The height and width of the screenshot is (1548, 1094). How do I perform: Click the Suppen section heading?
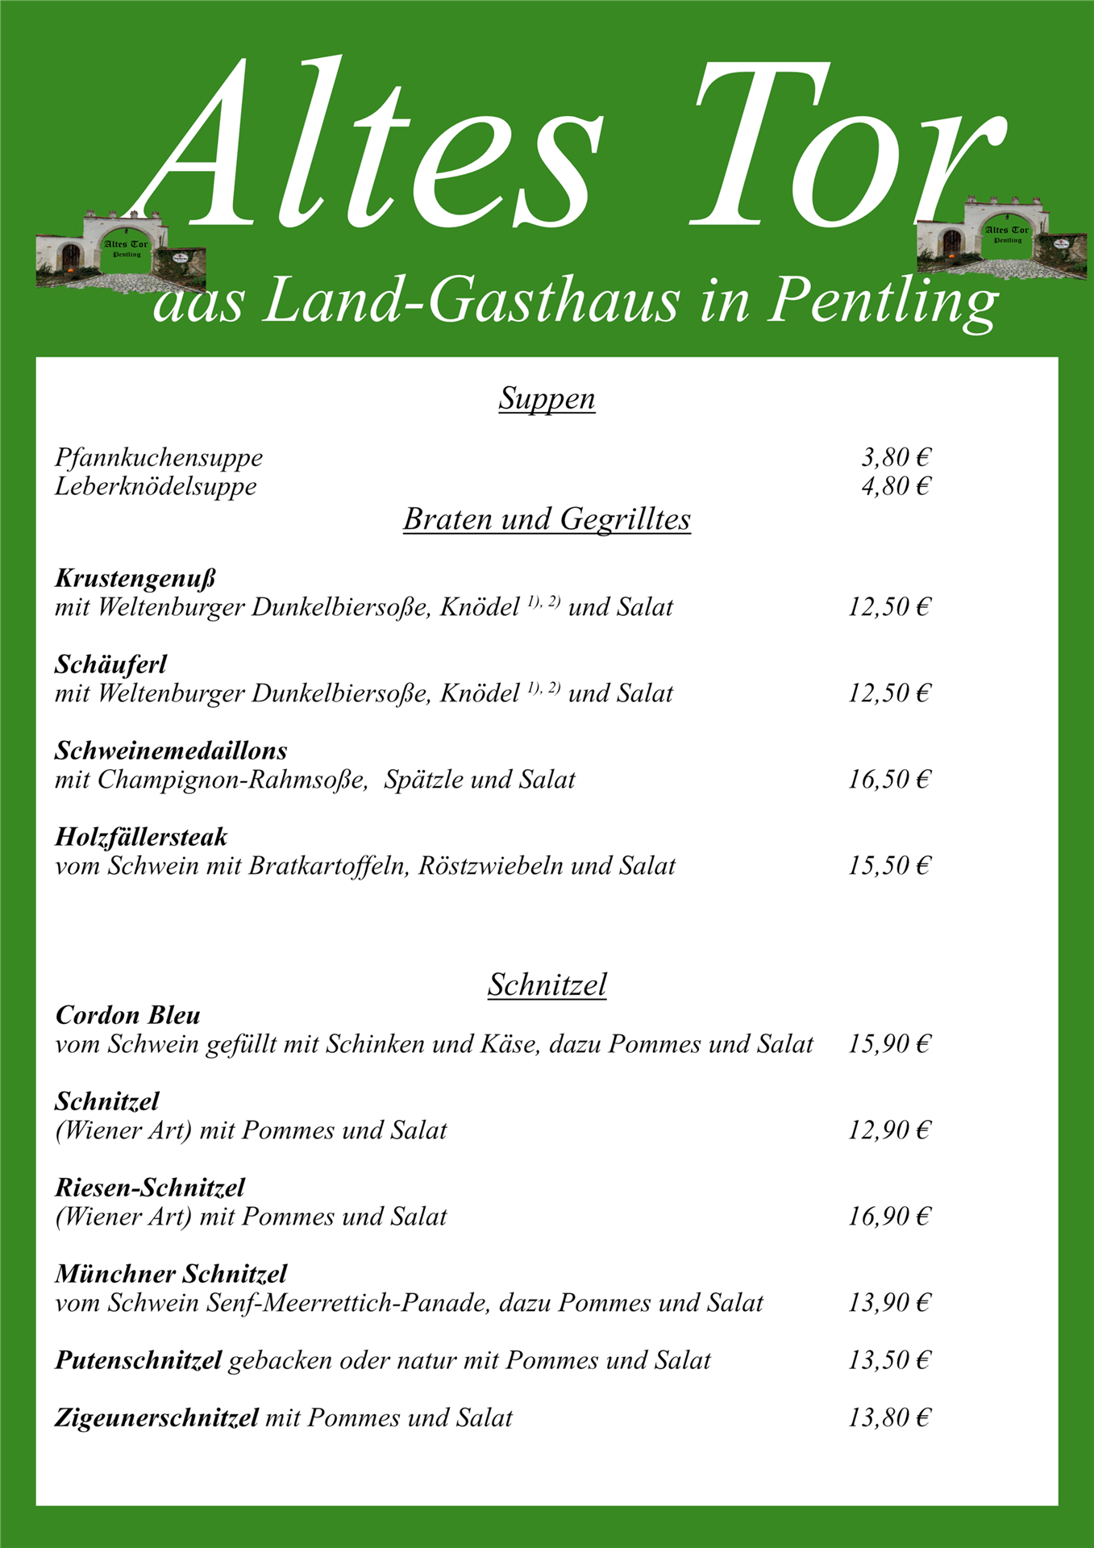coord(547,398)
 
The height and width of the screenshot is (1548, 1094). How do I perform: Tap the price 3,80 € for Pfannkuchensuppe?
coord(895,458)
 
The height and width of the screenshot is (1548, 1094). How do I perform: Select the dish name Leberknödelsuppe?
coord(156,487)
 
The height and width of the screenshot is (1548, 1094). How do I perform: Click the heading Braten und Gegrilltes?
coord(547,519)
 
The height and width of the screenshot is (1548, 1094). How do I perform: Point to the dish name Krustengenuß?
coord(135,578)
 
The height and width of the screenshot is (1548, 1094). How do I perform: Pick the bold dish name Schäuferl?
coord(110,664)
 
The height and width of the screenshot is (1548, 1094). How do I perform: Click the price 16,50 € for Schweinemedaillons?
coord(888,780)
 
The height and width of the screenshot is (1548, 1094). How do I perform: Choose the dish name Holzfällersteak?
coord(141,837)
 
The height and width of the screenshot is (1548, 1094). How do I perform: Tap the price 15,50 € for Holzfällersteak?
coord(888,866)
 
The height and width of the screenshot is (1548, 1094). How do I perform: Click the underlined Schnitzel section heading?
coord(547,984)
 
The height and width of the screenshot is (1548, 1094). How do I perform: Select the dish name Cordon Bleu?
coord(127,1015)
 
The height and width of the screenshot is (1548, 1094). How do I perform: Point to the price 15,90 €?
coord(888,1044)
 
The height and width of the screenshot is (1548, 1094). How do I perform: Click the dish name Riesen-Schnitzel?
coord(149,1188)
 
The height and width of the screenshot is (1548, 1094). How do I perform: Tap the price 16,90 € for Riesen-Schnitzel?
coord(888,1217)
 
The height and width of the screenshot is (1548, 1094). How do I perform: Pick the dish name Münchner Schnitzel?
coord(171,1274)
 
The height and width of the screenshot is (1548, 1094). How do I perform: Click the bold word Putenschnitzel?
coord(138,1361)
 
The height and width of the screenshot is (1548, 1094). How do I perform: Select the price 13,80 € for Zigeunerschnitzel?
coord(888,1418)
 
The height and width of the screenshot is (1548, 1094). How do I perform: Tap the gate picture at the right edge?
coord(1001,238)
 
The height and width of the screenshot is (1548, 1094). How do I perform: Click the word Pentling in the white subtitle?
coord(883,301)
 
